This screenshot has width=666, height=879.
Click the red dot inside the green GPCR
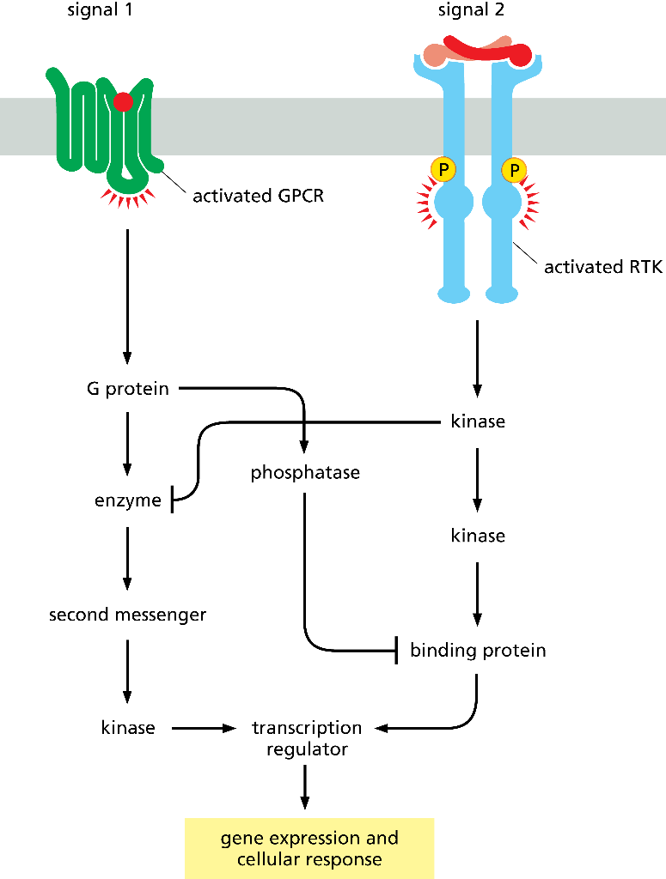(x=124, y=102)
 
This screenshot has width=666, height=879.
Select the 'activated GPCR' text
(x=258, y=196)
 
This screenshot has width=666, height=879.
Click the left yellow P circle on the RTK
(x=443, y=170)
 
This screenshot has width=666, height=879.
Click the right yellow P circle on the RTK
(x=514, y=170)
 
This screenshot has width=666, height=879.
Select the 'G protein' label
(x=127, y=389)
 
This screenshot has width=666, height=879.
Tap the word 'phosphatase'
(x=305, y=473)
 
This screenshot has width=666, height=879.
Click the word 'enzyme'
(x=127, y=500)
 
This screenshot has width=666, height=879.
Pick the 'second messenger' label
(x=127, y=615)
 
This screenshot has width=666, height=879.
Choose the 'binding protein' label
(x=478, y=650)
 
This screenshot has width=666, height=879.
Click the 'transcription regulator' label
(x=306, y=738)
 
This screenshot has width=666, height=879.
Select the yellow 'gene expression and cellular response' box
(x=309, y=847)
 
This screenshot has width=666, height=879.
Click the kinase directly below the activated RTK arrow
(x=478, y=421)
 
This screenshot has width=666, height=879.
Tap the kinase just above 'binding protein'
(x=478, y=536)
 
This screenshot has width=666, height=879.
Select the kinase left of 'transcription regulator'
(x=127, y=728)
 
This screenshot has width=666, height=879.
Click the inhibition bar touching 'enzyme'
(x=174, y=500)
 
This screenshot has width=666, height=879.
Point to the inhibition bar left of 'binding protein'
(x=396, y=650)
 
